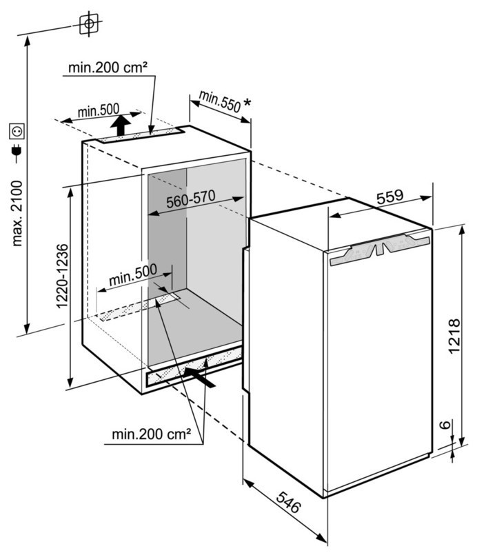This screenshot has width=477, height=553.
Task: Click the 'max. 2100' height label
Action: [x=18, y=213]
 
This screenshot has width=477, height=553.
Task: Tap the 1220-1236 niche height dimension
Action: [x=62, y=276]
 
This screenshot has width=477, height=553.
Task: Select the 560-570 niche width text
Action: [x=191, y=199]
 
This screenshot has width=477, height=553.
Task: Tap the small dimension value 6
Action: [x=446, y=424]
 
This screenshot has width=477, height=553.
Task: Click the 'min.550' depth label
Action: [x=220, y=101]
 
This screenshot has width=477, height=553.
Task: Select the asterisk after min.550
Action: [x=247, y=103]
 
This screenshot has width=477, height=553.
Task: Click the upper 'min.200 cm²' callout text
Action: [x=108, y=68]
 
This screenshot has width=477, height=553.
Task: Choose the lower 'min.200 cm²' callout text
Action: [x=151, y=434]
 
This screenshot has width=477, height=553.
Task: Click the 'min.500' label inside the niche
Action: [x=133, y=274]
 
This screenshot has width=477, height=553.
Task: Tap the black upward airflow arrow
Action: [x=121, y=125]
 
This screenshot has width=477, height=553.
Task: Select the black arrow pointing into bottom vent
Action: [x=199, y=377]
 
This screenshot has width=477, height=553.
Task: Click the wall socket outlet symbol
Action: [x=17, y=131]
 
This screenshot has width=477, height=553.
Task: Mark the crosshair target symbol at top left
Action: [x=89, y=24]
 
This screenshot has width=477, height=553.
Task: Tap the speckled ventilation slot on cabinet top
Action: [x=141, y=136]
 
